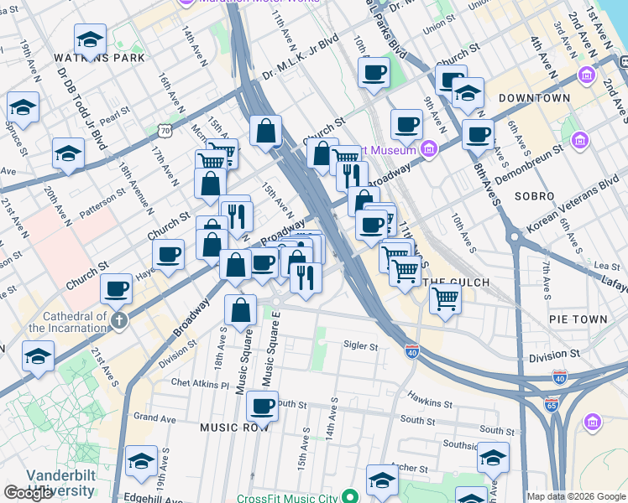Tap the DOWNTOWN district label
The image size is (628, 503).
click(x=534, y=98)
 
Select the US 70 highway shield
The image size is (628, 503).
click(x=165, y=130)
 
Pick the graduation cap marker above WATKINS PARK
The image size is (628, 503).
click(x=90, y=39)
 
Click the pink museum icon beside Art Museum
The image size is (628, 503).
click(x=429, y=150)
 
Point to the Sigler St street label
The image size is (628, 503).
click(x=361, y=345)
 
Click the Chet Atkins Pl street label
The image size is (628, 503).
click(x=200, y=384)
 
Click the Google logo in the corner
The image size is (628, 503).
click(x=28, y=493)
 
